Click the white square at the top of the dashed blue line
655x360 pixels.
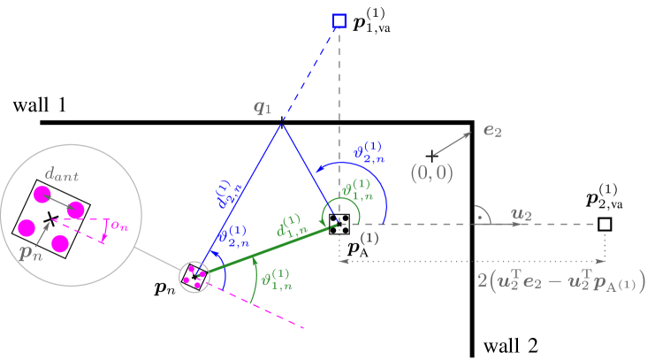coord(339,20)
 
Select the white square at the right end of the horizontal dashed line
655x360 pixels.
coord(605,224)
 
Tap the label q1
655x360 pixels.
coord(263,108)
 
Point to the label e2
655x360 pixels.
coord(492,131)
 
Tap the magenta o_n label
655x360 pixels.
coord(118,226)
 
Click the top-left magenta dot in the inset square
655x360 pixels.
coord(41,193)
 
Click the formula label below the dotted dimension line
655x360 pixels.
coord(560,281)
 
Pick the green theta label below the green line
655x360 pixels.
coord(275,280)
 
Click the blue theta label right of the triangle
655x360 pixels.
coord(369,151)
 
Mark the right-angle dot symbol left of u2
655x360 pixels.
coord(479,216)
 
